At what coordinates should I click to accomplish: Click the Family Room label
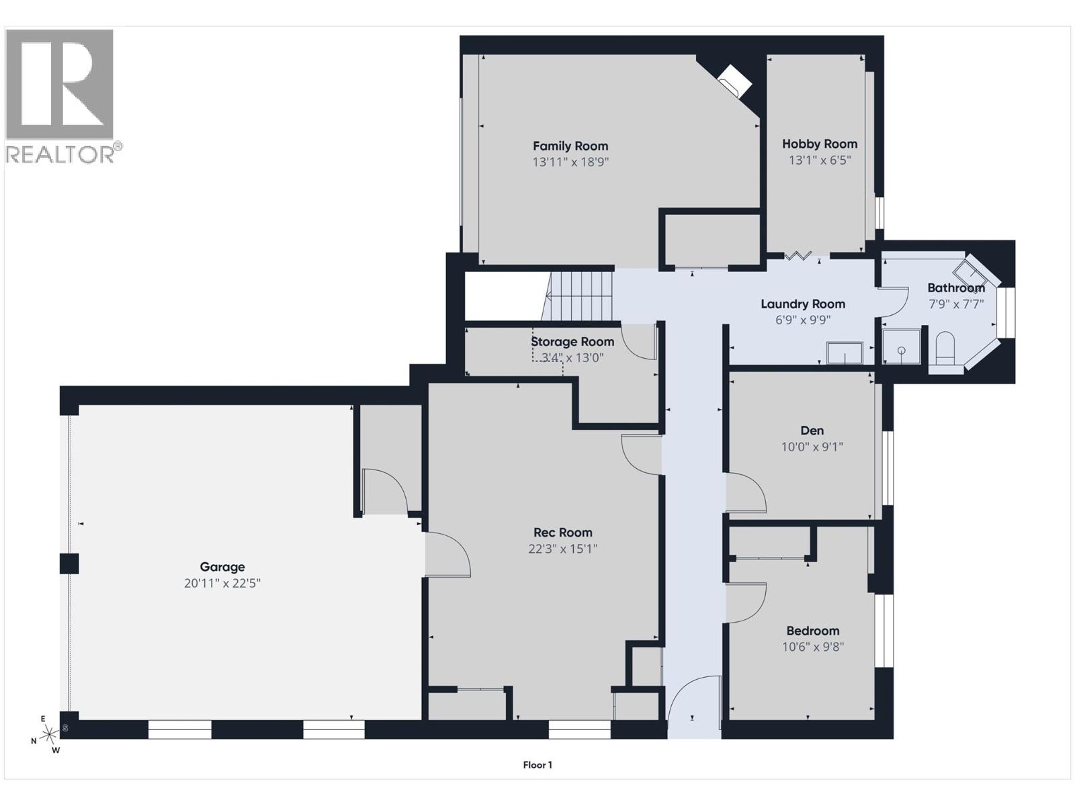tap(570, 146)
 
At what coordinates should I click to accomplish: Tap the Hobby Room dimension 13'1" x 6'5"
tap(820, 160)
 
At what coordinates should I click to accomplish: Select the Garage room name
tap(222, 567)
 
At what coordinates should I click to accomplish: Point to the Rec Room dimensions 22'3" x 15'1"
tap(563, 549)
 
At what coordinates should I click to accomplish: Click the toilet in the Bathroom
tap(945, 349)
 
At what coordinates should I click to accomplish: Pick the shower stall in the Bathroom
tap(901, 347)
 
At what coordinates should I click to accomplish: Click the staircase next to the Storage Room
tap(580, 296)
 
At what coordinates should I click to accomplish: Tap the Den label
tap(812, 431)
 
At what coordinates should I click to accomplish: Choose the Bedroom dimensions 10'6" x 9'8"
tap(813, 647)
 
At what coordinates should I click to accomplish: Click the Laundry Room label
tap(803, 304)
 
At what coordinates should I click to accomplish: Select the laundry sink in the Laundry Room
tap(845, 353)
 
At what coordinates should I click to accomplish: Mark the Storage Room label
tap(572, 342)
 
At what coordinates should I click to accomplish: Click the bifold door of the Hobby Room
tap(798, 255)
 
